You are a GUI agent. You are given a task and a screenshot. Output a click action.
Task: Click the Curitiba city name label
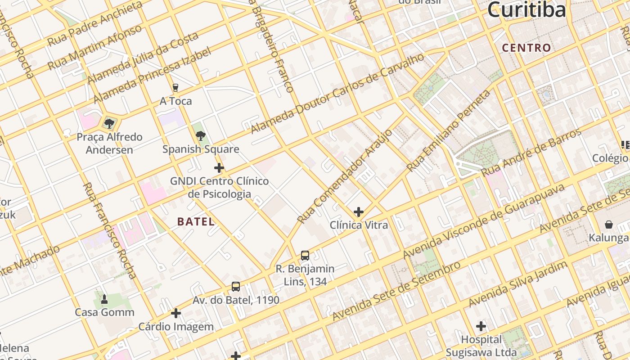point(526,10)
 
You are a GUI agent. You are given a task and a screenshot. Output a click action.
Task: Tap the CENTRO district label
point(526,48)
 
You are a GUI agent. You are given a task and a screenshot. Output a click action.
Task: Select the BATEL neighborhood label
point(196,221)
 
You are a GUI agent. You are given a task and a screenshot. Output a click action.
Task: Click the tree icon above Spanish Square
point(201,135)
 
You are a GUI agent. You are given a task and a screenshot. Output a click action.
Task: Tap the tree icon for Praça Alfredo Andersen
point(109,123)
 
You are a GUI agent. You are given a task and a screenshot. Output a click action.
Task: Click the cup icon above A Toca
point(175,88)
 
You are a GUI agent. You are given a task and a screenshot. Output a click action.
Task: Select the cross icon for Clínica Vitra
point(359,211)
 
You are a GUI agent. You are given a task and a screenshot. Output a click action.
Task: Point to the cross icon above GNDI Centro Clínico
point(219,168)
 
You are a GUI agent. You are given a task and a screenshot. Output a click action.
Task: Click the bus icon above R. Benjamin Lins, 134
point(305,256)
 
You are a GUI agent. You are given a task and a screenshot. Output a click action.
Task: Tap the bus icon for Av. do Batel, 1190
point(236,287)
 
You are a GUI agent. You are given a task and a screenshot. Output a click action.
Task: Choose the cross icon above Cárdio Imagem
point(176,313)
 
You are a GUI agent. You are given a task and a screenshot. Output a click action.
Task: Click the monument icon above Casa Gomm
point(104,299)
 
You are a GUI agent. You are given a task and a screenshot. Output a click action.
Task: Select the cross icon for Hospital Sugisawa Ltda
point(481,326)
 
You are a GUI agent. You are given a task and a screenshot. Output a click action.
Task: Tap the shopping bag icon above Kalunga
point(609,224)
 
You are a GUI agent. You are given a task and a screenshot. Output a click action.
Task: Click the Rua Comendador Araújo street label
point(345,177)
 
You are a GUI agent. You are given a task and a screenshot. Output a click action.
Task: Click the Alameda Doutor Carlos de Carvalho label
point(337,94)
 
